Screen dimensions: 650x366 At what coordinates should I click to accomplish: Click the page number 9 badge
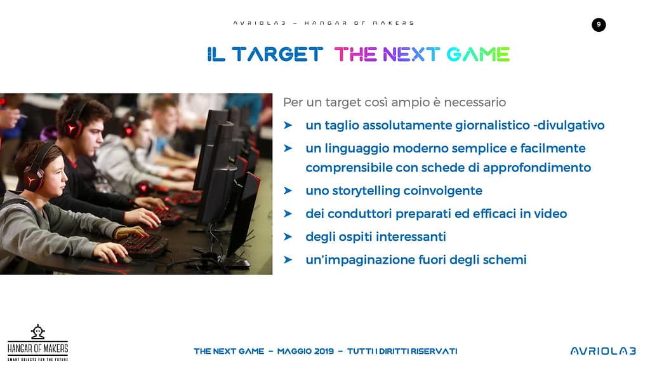point(598,25)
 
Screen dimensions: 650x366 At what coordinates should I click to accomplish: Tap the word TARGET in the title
point(277,55)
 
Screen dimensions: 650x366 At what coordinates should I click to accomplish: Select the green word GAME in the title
point(478,55)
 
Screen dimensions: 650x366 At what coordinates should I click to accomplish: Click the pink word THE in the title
point(355,55)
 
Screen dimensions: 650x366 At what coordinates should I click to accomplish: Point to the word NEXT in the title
point(411,55)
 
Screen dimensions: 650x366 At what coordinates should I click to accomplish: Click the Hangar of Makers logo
point(37,342)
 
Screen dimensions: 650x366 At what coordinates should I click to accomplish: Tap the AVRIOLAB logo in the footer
point(603,351)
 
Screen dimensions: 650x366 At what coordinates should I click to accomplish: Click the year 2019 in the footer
point(324,351)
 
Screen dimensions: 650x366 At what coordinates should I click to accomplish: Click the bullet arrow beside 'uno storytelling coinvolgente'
point(288,191)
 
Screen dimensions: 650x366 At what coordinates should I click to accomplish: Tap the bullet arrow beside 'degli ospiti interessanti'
point(288,236)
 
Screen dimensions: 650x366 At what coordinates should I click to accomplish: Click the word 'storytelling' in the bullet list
point(366,191)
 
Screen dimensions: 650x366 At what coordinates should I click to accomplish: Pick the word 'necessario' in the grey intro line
point(475,102)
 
